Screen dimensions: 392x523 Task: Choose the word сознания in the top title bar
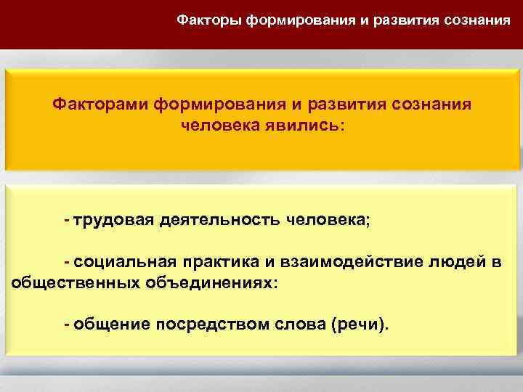point(478,20)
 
